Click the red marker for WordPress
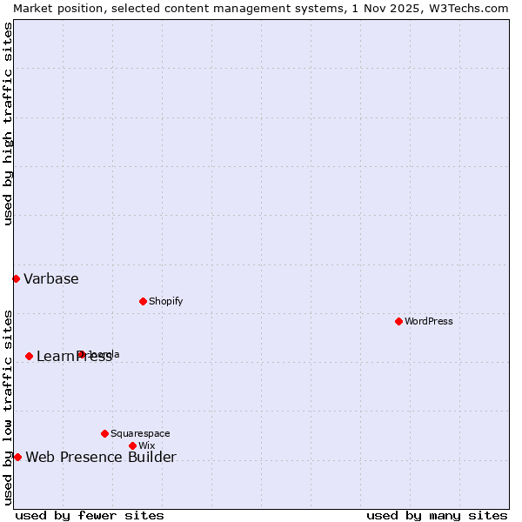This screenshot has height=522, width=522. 398,321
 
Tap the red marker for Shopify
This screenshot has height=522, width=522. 143,301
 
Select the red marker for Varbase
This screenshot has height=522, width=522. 16,278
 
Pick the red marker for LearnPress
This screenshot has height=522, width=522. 29,356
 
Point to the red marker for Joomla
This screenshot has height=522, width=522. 80,354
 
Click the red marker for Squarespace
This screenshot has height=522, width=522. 104,433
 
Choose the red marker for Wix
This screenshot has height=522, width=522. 132,445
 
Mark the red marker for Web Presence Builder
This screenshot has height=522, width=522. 17,457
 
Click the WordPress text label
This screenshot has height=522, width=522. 429,321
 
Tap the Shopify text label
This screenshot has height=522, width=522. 165,301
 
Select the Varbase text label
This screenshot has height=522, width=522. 50,278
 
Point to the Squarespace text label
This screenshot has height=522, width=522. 140,433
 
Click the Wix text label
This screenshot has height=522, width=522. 146,445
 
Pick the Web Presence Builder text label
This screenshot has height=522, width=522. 101,457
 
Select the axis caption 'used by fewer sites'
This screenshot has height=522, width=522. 90,515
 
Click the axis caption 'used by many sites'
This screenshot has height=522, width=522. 437,515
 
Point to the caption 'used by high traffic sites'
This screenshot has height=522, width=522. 8,124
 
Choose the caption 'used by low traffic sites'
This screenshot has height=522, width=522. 8,406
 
